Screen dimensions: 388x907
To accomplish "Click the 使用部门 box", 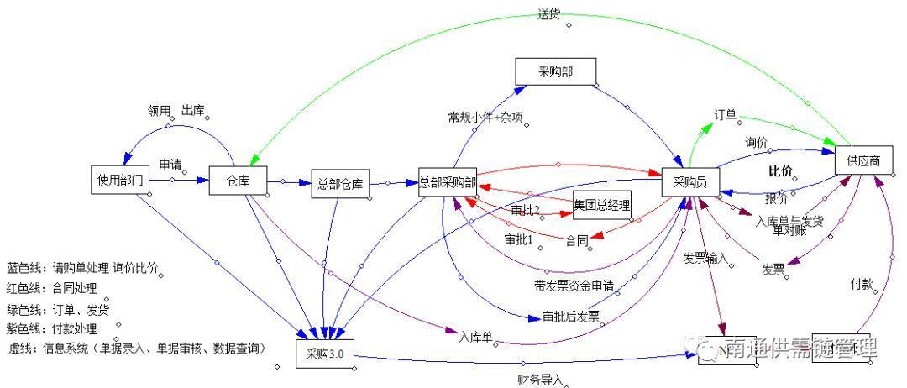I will (120, 180).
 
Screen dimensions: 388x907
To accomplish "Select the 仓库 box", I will (238, 180).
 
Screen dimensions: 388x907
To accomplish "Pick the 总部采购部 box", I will (448, 182).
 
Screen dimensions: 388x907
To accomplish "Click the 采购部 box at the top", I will (555, 71).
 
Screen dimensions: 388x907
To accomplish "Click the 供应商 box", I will (863, 160).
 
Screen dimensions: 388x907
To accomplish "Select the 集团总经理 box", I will (601, 205).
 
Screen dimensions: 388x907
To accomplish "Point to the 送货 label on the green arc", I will (551, 14).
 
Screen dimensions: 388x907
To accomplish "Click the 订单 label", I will (726, 114).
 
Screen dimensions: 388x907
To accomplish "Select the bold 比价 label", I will (780, 172).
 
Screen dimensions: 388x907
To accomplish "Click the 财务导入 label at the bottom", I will (540, 380).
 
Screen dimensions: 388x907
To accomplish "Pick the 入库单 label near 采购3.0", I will (474, 337).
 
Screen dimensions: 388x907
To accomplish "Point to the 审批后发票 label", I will (570, 317).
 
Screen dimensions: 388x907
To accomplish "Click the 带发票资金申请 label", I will (574, 286).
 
